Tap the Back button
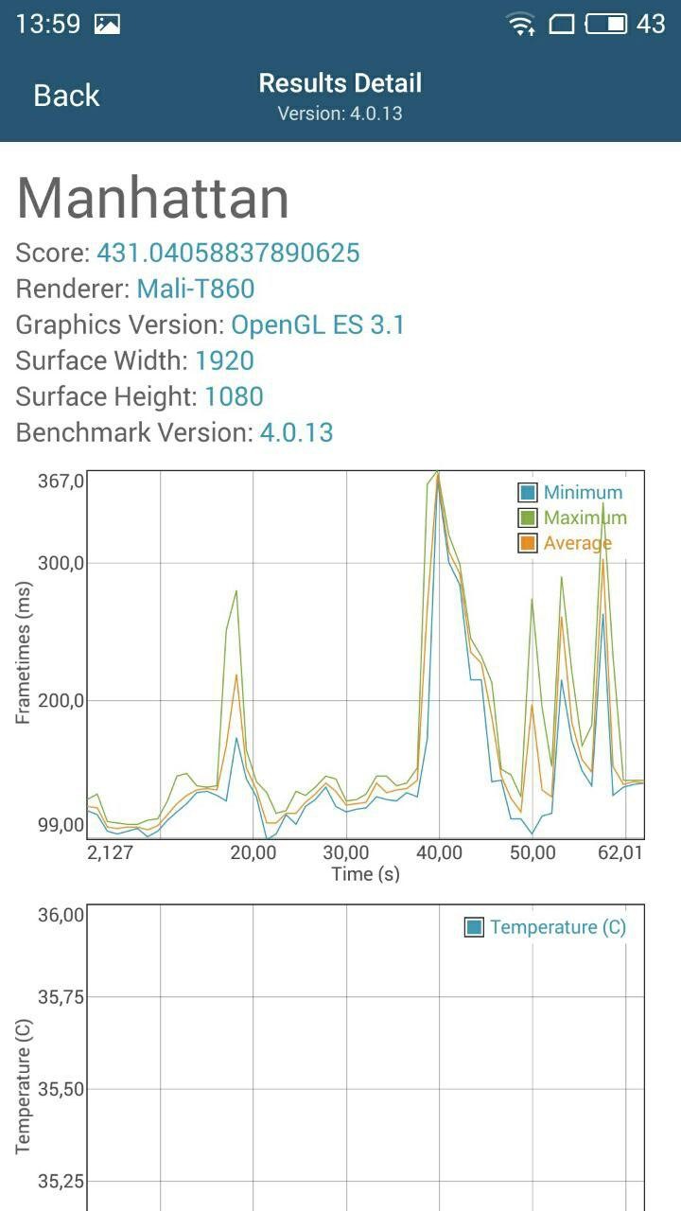66,96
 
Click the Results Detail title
340,83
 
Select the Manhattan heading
153,198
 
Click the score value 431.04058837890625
228,253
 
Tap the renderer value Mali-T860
196,289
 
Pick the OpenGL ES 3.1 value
318,325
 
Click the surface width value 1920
225,360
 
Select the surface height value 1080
234,396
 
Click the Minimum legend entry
570,492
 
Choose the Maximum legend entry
572,518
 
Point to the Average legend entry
565,543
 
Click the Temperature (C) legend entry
546,927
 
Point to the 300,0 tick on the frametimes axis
61,563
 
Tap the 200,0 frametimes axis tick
61,700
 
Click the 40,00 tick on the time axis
439,852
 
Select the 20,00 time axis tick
253,852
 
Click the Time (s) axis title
365,873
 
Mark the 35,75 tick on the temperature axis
61,996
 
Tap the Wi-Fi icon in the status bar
520,24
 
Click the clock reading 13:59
47,24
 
